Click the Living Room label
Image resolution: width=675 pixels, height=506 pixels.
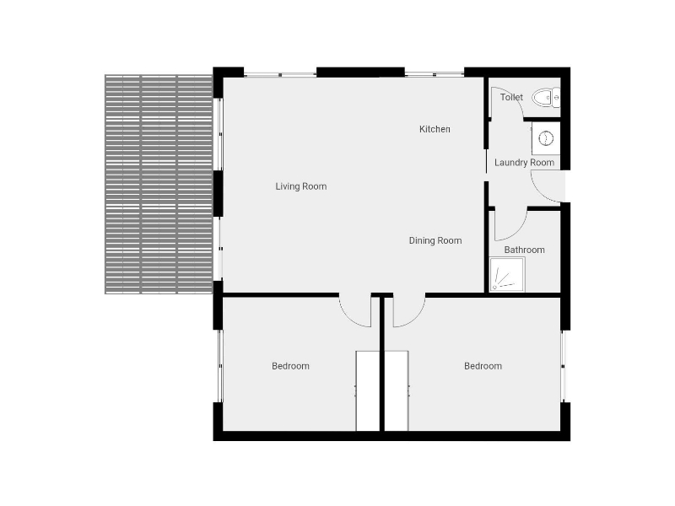pyautogui.click(x=301, y=186)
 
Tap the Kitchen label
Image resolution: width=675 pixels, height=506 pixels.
pyautogui.click(x=435, y=129)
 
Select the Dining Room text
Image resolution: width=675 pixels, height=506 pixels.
pyautogui.click(x=435, y=240)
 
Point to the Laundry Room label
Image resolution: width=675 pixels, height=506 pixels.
pyautogui.click(x=524, y=163)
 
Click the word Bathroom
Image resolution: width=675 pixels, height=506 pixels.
pyautogui.click(x=524, y=250)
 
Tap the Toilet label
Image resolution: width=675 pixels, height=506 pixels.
pyautogui.click(x=511, y=97)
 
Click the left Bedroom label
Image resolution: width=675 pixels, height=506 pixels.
pyautogui.click(x=290, y=366)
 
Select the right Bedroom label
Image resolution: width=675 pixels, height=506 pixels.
pyautogui.click(x=483, y=366)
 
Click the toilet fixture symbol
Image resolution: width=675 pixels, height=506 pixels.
pyautogui.click(x=546, y=98)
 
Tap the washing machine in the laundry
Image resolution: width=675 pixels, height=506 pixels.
pyautogui.click(x=546, y=138)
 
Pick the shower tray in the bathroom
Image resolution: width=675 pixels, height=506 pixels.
pyautogui.click(x=507, y=275)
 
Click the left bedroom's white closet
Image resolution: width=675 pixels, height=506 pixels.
pyautogui.click(x=368, y=390)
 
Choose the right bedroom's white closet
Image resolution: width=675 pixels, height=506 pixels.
pyautogui.click(x=397, y=390)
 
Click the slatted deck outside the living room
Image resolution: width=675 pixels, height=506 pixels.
pyautogui.click(x=159, y=185)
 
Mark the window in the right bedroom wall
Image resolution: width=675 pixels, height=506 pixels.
pyautogui.click(x=563, y=366)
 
